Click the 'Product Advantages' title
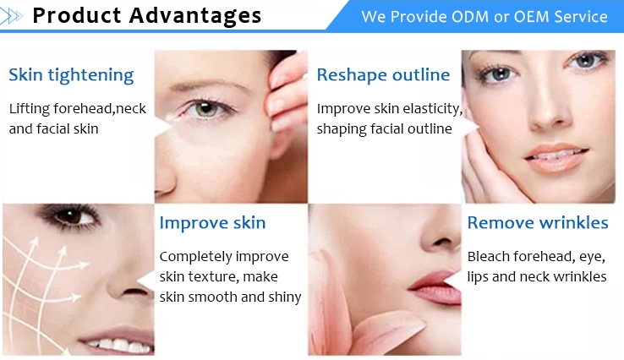coord(146,16)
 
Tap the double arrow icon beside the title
coord(11,16)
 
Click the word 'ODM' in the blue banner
coord(469,17)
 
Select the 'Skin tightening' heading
coord(71,75)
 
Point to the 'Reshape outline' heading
coord(383,74)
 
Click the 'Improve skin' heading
coord(212,223)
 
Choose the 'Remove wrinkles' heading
coord(538,222)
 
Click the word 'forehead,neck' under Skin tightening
coord(100,109)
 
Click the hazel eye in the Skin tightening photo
coord(205,108)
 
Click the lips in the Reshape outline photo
coord(556,157)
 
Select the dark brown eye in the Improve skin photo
coord(72,216)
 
